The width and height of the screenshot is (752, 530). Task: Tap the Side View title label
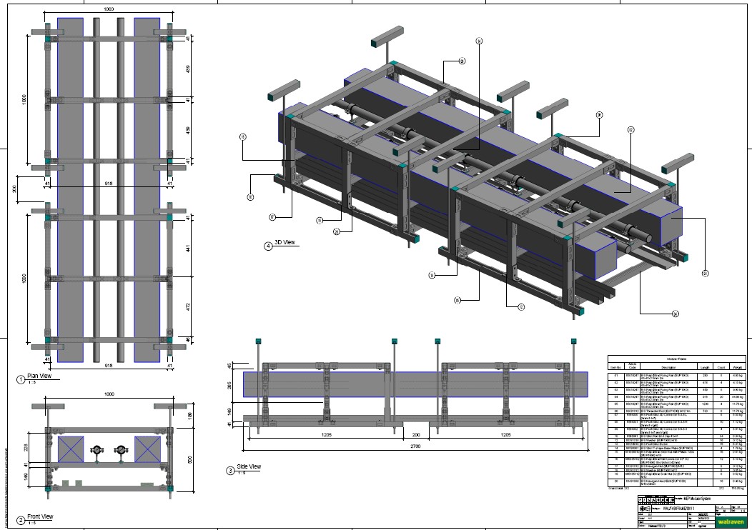click(249, 466)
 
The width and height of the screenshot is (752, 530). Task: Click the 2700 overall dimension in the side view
click(415, 446)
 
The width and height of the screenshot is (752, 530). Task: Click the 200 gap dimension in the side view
click(415, 434)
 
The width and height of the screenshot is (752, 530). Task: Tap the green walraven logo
click(728, 522)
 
